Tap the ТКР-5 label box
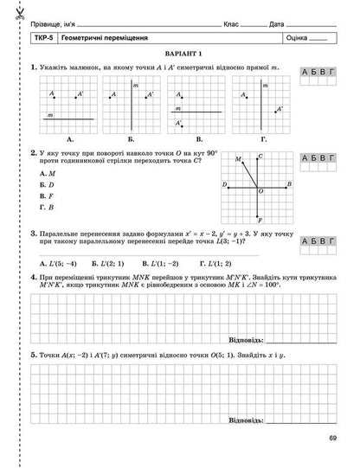tap(38, 39)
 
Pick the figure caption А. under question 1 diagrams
tap(68, 137)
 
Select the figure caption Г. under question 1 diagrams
tap(264, 137)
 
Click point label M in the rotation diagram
tap(237, 158)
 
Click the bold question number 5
tap(32, 355)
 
